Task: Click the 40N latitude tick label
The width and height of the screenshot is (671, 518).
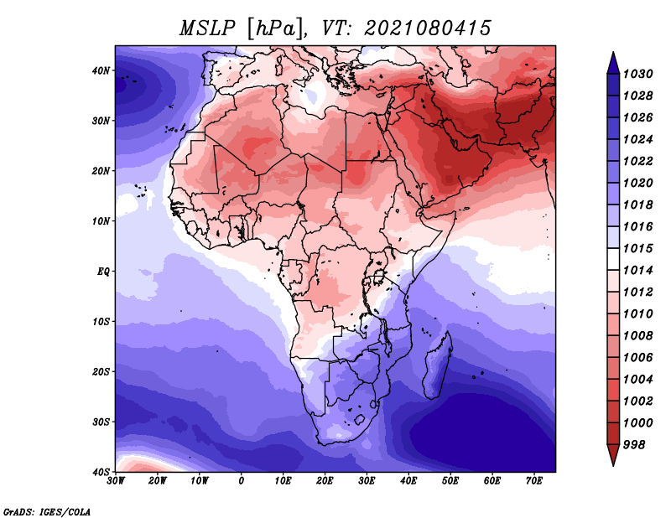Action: (101, 70)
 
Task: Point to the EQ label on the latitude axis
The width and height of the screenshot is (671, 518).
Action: (103, 272)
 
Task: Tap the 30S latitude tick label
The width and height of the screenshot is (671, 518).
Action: (101, 422)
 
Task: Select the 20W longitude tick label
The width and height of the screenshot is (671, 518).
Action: (158, 481)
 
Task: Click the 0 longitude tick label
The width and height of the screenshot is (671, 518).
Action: (242, 481)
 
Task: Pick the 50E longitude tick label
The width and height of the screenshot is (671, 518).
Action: (450, 481)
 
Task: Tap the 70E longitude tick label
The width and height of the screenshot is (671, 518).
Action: (533, 481)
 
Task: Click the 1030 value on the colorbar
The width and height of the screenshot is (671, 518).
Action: (637, 74)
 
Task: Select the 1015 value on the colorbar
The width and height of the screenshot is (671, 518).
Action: (637, 248)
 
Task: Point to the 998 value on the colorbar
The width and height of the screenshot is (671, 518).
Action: (634, 445)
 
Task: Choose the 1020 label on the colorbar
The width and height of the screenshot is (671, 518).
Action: (637, 183)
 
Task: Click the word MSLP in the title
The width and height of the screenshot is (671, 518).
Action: (207, 28)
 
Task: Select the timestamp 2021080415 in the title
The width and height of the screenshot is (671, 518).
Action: (428, 28)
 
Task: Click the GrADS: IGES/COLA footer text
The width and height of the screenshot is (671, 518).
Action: (47, 512)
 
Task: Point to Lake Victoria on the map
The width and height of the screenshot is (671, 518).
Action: (379, 277)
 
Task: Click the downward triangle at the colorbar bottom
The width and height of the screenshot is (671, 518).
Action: (613, 455)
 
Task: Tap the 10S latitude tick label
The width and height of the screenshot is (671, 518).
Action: (101, 322)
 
